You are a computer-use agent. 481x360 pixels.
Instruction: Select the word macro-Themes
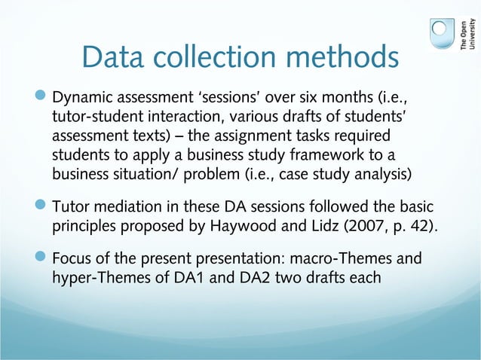pyautogui.click(x=341, y=260)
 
